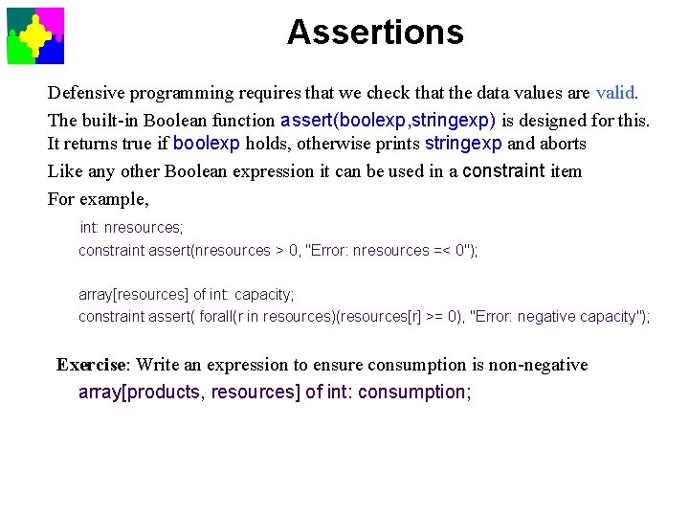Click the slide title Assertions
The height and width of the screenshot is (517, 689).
tap(375, 33)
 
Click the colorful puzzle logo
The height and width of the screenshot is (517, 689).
tap(35, 35)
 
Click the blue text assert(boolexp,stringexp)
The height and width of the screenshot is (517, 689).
tap(388, 121)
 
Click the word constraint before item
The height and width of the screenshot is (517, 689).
tap(503, 171)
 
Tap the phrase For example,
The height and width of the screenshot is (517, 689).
tap(99, 199)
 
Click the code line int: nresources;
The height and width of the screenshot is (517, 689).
tap(131, 228)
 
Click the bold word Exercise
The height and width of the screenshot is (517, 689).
tap(92, 365)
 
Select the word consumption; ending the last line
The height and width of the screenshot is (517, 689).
tap(414, 392)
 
